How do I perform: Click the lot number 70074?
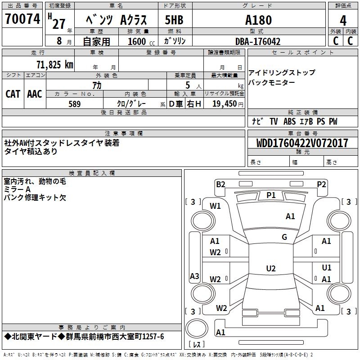pos(22,19)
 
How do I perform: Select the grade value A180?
pos(258,20)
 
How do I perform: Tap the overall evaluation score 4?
pos(343,20)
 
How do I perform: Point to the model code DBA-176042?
pos(258,41)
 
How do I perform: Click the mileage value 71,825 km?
pos(54,64)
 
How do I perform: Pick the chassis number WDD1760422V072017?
pos(302,144)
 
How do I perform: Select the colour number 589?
pos(74,104)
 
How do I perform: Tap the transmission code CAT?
pos(13,94)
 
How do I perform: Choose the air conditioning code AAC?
pos(35,94)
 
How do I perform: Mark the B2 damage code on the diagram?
pos(220,184)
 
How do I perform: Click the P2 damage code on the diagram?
pos(321,184)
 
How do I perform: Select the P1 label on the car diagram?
pos(271,195)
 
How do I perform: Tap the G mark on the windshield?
pos(284,237)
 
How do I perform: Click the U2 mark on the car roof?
pos(270,269)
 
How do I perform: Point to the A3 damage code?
pos(194,276)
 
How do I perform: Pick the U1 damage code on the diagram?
pos(327,268)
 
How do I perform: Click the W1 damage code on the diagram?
pos(215,206)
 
